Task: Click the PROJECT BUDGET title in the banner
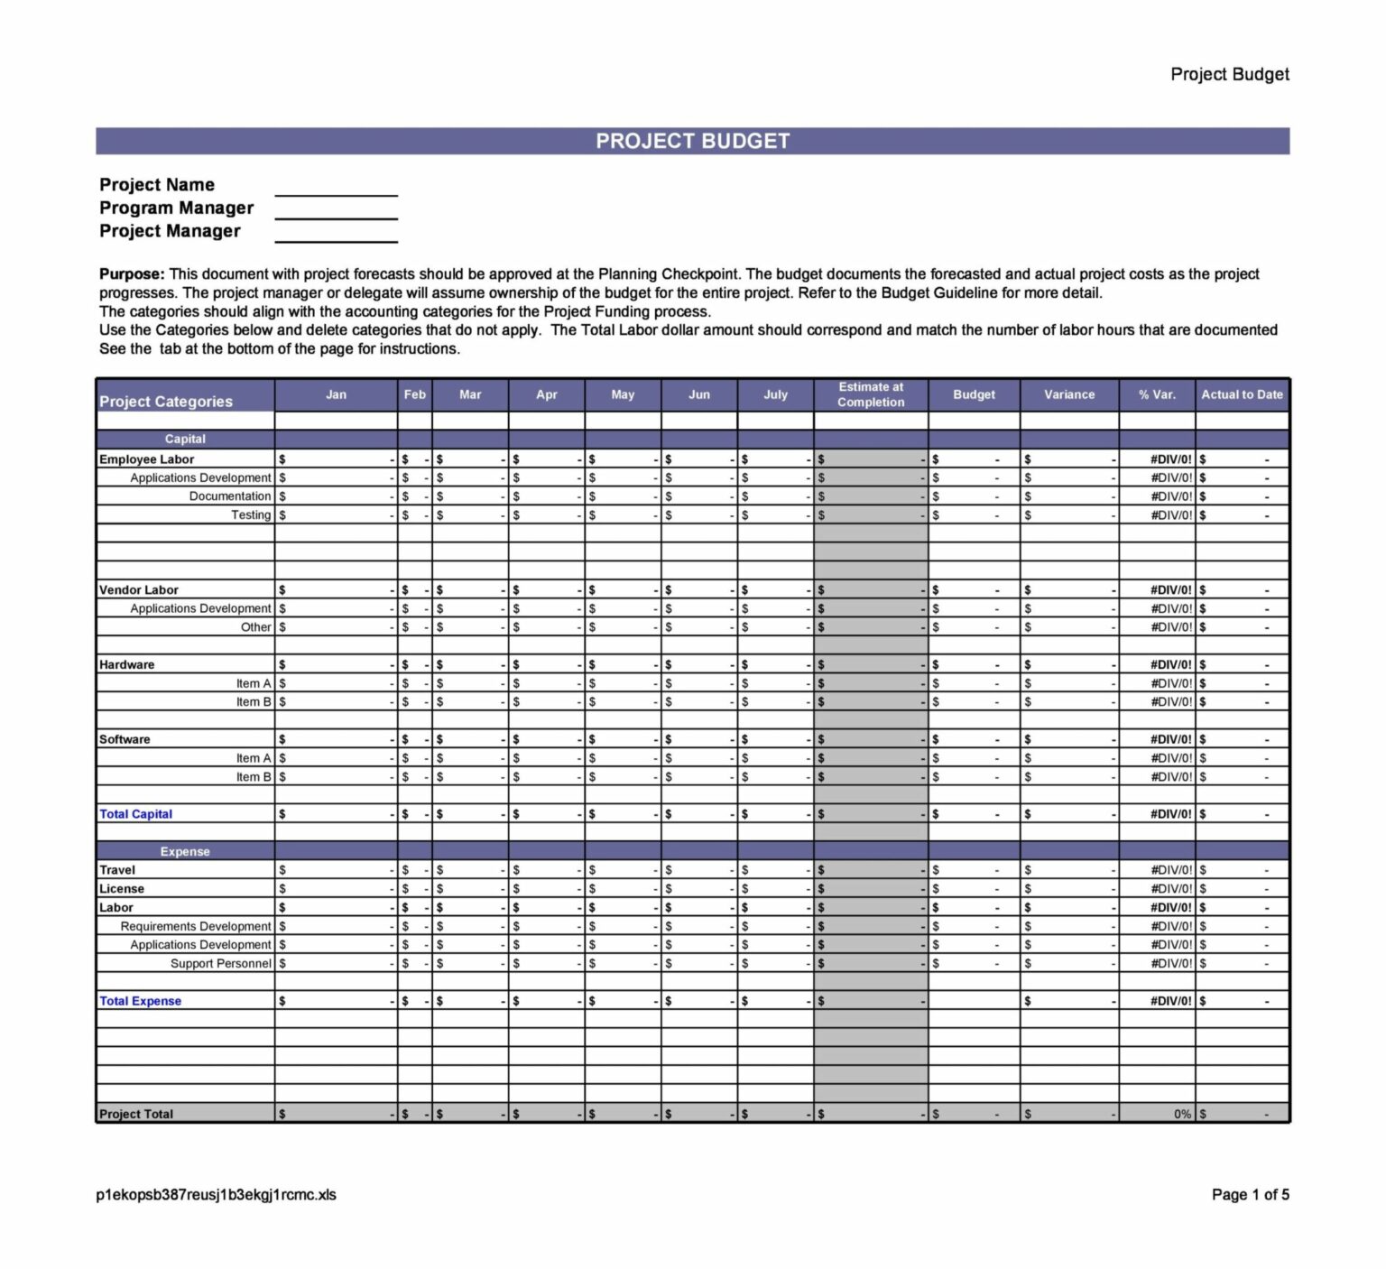(692, 141)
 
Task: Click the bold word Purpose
(132, 273)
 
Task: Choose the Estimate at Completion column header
(870, 394)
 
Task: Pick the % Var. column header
(1157, 394)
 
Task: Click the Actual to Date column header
(1242, 394)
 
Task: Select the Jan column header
(336, 394)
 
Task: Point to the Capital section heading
(185, 439)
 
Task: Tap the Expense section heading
(185, 851)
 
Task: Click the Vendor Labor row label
(139, 589)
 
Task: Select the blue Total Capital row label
(135, 813)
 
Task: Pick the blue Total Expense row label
(140, 1000)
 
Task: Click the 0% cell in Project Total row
(1182, 1114)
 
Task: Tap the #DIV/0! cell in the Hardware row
(1170, 664)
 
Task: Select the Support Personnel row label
(220, 963)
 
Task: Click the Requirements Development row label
(195, 926)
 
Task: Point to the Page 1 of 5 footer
(1250, 1194)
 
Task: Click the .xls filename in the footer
(216, 1194)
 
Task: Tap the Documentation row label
(229, 496)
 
